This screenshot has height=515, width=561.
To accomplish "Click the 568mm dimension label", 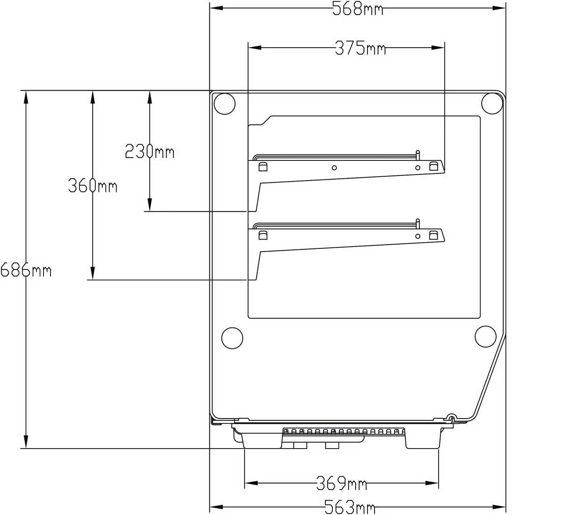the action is click(x=358, y=9).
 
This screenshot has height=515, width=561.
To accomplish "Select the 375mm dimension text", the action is click(x=360, y=48).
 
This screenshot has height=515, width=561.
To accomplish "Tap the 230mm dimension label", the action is click(x=149, y=152).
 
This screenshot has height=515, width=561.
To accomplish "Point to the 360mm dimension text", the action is click(x=93, y=185).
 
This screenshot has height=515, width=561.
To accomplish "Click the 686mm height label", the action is click(x=26, y=270).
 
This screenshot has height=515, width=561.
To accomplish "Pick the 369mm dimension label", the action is click(x=341, y=483).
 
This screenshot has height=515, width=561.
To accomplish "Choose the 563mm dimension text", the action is click(x=350, y=507).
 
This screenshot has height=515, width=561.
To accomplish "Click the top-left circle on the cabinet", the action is click(x=224, y=104).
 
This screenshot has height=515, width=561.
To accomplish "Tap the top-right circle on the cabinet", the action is click(x=492, y=103).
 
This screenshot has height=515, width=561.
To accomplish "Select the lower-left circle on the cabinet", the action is click(x=232, y=338).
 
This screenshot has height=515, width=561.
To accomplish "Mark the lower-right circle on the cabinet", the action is click(x=486, y=337).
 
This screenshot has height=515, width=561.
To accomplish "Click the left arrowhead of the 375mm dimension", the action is click(x=255, y=48).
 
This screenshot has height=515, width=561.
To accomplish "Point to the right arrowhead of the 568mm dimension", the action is click(x=499, y=8).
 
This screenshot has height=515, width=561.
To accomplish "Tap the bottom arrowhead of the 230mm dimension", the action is click(x=150, y=204).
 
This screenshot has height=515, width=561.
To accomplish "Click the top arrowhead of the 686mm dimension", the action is click(x=26, y=97).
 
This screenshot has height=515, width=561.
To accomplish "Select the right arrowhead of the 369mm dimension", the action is click(x=432, y=483).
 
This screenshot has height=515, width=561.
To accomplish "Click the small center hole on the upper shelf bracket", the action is click(x=334, y=168).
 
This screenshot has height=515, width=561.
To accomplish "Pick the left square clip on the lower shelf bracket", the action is click(x=263, y=235).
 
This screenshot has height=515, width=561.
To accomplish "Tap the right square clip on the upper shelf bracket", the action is click(x=433, y=166).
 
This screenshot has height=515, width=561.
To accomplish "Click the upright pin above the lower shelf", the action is click(x=418, y=224).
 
